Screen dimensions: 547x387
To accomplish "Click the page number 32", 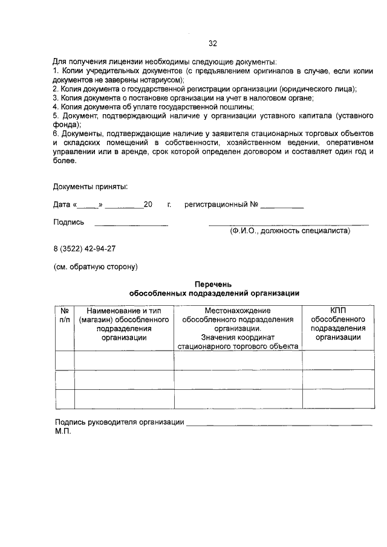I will (x=212, y=43).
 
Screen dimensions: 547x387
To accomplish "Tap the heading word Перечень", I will (x=214, y=283).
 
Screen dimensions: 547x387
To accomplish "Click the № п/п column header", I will (x=65, y=314).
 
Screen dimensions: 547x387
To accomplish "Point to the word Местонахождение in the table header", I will (x=237, y=310).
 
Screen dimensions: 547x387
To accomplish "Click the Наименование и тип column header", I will (x=125, y=310).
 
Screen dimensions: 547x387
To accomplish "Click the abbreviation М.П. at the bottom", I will (x=63, y=433).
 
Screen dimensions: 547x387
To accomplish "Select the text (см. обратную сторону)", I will (x=96, y=266).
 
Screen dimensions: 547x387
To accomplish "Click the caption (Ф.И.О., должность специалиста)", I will (x=290, y=231).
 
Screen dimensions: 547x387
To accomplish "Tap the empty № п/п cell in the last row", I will (x=65, y=399).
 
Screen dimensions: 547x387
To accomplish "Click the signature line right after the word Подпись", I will (x=131, y=224).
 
